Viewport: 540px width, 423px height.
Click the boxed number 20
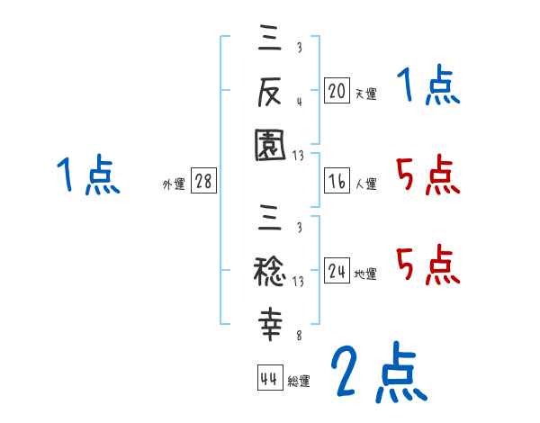pyautogui.click(x=337, y=91)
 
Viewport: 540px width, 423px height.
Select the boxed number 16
pyautogui.click(x=337, y=181)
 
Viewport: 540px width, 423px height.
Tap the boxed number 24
pyautogui.click(x=337, y=271)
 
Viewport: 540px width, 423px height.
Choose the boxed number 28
pyautogui.click(x=203, y=182)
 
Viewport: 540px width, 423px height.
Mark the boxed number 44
pyautogui.click(x=269, y=378)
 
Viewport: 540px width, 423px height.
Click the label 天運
pyautogui.click(x=365, y=94)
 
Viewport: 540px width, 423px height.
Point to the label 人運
pyautogui.click(x=365, y=184)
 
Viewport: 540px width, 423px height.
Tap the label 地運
pyautogui.click(x=365, y=274)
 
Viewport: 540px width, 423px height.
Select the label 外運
pyautogui.click(x=174, y=184)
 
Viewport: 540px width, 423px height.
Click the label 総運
pyautogui.click(x=299, y=381)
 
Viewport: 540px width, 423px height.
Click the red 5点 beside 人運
pyautogui.click(x=427, y=175)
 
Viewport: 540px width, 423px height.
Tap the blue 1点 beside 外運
pyautogui.click(x=88, y=175)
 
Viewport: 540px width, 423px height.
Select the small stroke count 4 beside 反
pyautogui.click(x=298, y=101)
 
